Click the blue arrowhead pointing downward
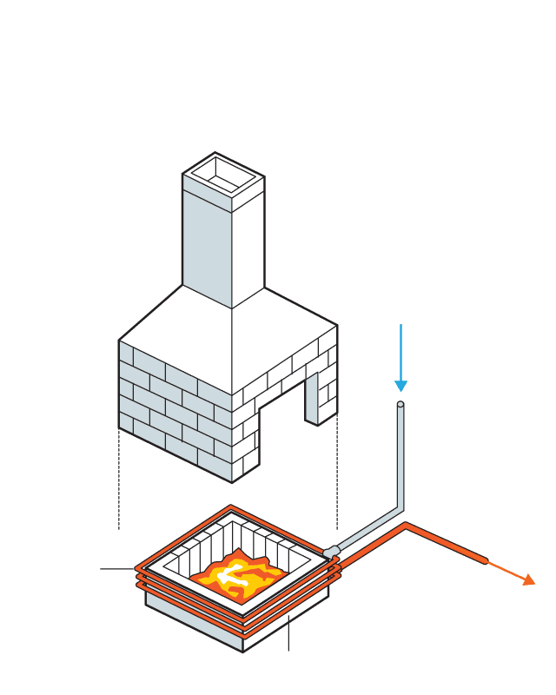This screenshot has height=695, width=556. [400, 385]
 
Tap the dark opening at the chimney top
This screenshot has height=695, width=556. [223, 176]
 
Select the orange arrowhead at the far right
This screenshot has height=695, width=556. [528, 579]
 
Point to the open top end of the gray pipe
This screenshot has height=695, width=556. [400, 405]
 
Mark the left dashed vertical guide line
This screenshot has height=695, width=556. [119, 478]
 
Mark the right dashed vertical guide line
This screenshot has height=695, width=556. [337, 478]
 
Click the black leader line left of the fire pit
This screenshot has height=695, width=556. [117, 569]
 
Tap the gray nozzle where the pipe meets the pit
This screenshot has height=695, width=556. [330, 551]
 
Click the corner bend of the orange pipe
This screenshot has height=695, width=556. [406, 526]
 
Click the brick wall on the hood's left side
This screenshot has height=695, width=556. [174, 408]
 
